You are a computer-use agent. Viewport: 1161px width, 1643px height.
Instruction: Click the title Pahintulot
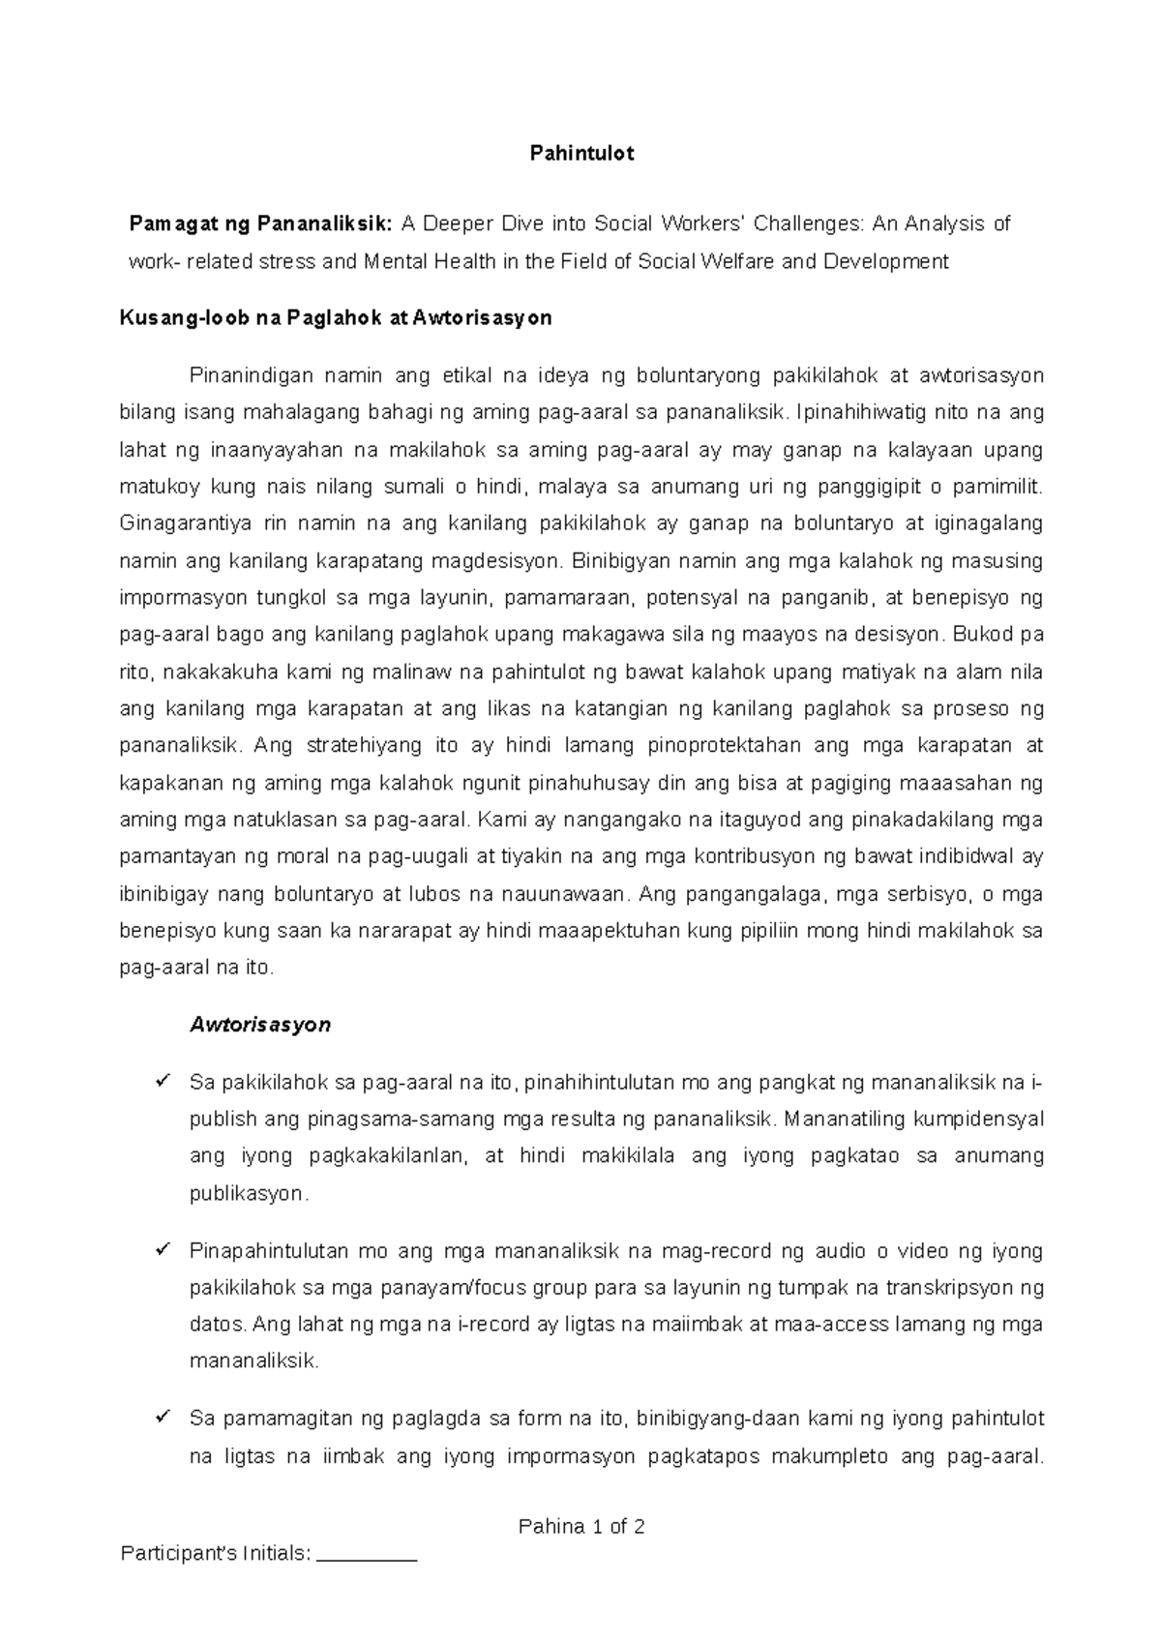pyautogui.click(x=581, y=154)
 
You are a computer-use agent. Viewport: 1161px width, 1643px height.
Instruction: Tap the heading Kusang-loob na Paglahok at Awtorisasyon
pyautogui.click(x=335, y=318)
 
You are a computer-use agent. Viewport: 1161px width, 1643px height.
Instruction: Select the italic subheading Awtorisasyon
pyautogui.click(x=260, y=1025)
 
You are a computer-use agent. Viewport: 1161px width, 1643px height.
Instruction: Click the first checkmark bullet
pyautogui.click(x=163, y=1080)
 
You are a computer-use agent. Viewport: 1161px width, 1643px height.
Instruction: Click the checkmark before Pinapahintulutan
pyautogui.click(x=163, y=1250)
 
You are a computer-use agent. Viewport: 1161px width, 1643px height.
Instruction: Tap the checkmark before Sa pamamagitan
pyautogui.click(x=163, y=1418)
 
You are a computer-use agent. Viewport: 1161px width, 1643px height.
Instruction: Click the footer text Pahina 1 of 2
pyautogui.click(x=581, y=1527)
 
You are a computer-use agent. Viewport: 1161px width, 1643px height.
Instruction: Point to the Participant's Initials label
pyautogui.click(x=215, y=1555)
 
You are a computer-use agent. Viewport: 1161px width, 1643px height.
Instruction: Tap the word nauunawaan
pyautogui.click(x=549, y=894)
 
